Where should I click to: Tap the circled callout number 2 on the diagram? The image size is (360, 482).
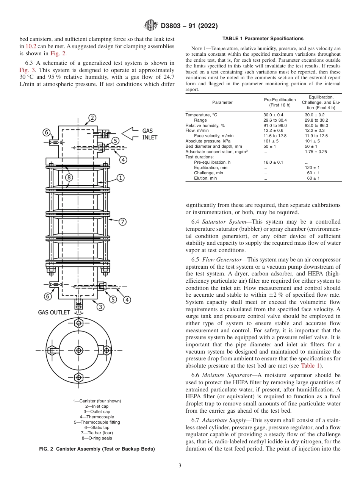pyautogui.click(x=92, y=118)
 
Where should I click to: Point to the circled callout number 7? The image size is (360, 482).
pyautogui.click(x=122, y=222)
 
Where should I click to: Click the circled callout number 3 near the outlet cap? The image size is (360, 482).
pyautogui.click(x=100, y=307)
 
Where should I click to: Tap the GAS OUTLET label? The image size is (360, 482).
pyautogui.click(x=54, y=312)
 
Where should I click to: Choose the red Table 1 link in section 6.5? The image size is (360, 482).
pyautogui.click(x=310, y=365)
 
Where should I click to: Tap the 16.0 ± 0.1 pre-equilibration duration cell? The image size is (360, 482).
pyautogui.click(x=273, y=162)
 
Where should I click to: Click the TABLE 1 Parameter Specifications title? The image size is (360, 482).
pyautogui.click(x=263, y=39)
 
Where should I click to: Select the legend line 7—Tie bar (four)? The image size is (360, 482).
pyautogui.click(x=97, y=433)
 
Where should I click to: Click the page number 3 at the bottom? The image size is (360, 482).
pyautogui.click(x=180, y=466)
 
